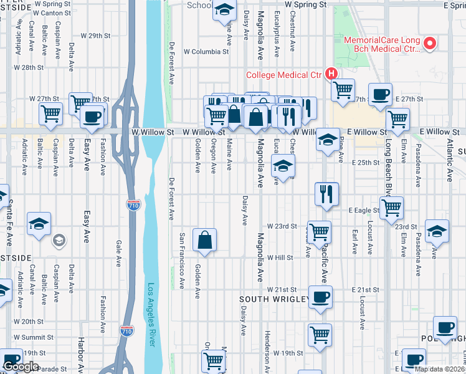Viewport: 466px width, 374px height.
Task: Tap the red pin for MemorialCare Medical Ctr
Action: (x=429, y=44)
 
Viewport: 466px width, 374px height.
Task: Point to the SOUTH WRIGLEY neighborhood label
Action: (x=275, y=300)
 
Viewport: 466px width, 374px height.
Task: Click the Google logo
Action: (x=20, y=367)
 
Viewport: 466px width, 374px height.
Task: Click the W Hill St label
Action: (x=280, y=257)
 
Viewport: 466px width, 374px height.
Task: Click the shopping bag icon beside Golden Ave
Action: (x=205, y=240)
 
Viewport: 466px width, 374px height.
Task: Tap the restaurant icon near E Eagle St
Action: (x=326, y=193)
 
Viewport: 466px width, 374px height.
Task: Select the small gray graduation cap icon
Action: (x=59, y=240)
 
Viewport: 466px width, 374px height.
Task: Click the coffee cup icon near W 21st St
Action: (x=320, y=297)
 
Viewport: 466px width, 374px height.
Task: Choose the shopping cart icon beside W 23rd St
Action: (x=320, y=232)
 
